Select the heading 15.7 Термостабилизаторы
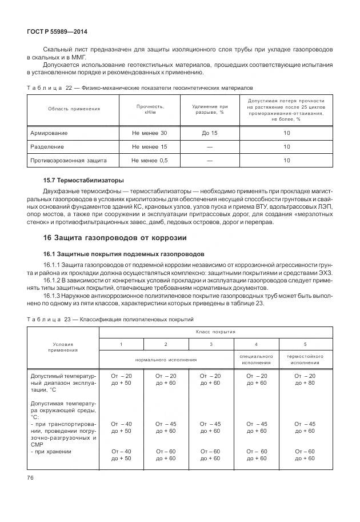[75, 179]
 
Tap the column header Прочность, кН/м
[150, 109]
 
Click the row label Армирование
[49, 133]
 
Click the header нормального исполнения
[166, 360]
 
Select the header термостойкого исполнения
[305, 360]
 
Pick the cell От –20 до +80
[305, 379]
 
